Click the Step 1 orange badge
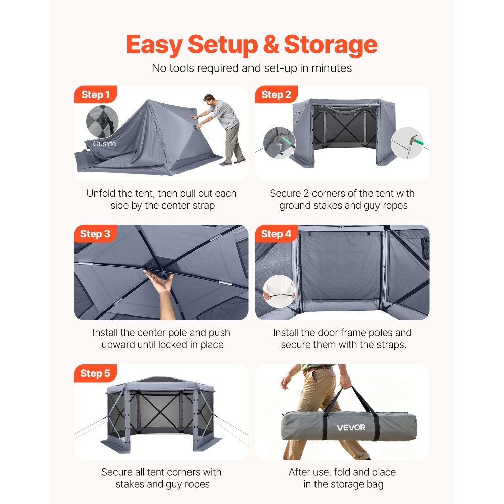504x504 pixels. click(x=95, y=95)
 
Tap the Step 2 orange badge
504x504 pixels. click(x=276, y=95)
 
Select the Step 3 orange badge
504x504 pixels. click(x=95, y=234)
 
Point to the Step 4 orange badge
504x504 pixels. click(x=276, y=234)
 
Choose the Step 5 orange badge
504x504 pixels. click(x=95, y=374)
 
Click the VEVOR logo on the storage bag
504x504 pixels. click(x=351, y=428)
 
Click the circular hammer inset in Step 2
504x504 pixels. click(x=407, y=143)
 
